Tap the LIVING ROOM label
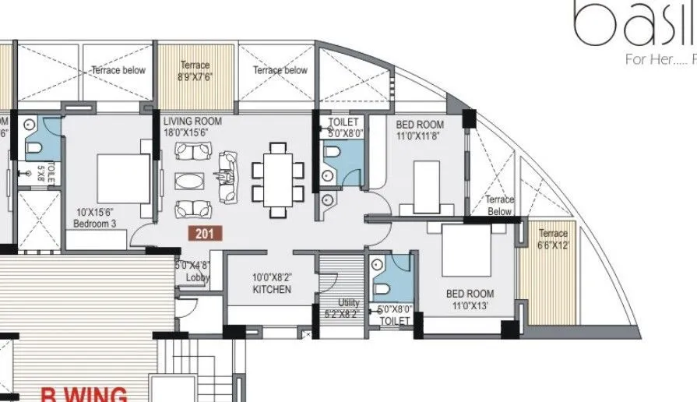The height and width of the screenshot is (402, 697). [x=192, y=122]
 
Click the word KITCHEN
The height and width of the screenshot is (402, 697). [x=272, y=290]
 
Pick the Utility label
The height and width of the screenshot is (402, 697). [x=348, y=303]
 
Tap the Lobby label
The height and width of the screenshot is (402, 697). [x=198, y=277]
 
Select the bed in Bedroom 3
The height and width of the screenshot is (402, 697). [x=122, y=178]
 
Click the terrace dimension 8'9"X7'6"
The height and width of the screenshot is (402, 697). [x=195, y=76]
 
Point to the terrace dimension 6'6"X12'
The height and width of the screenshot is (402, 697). [x=554, y=245]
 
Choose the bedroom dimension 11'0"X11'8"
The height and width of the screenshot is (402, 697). [x=420, y=135]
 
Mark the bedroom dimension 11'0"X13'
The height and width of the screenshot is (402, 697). [x=470, y=305]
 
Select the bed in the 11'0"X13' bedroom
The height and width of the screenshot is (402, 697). [x=466, y=249]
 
